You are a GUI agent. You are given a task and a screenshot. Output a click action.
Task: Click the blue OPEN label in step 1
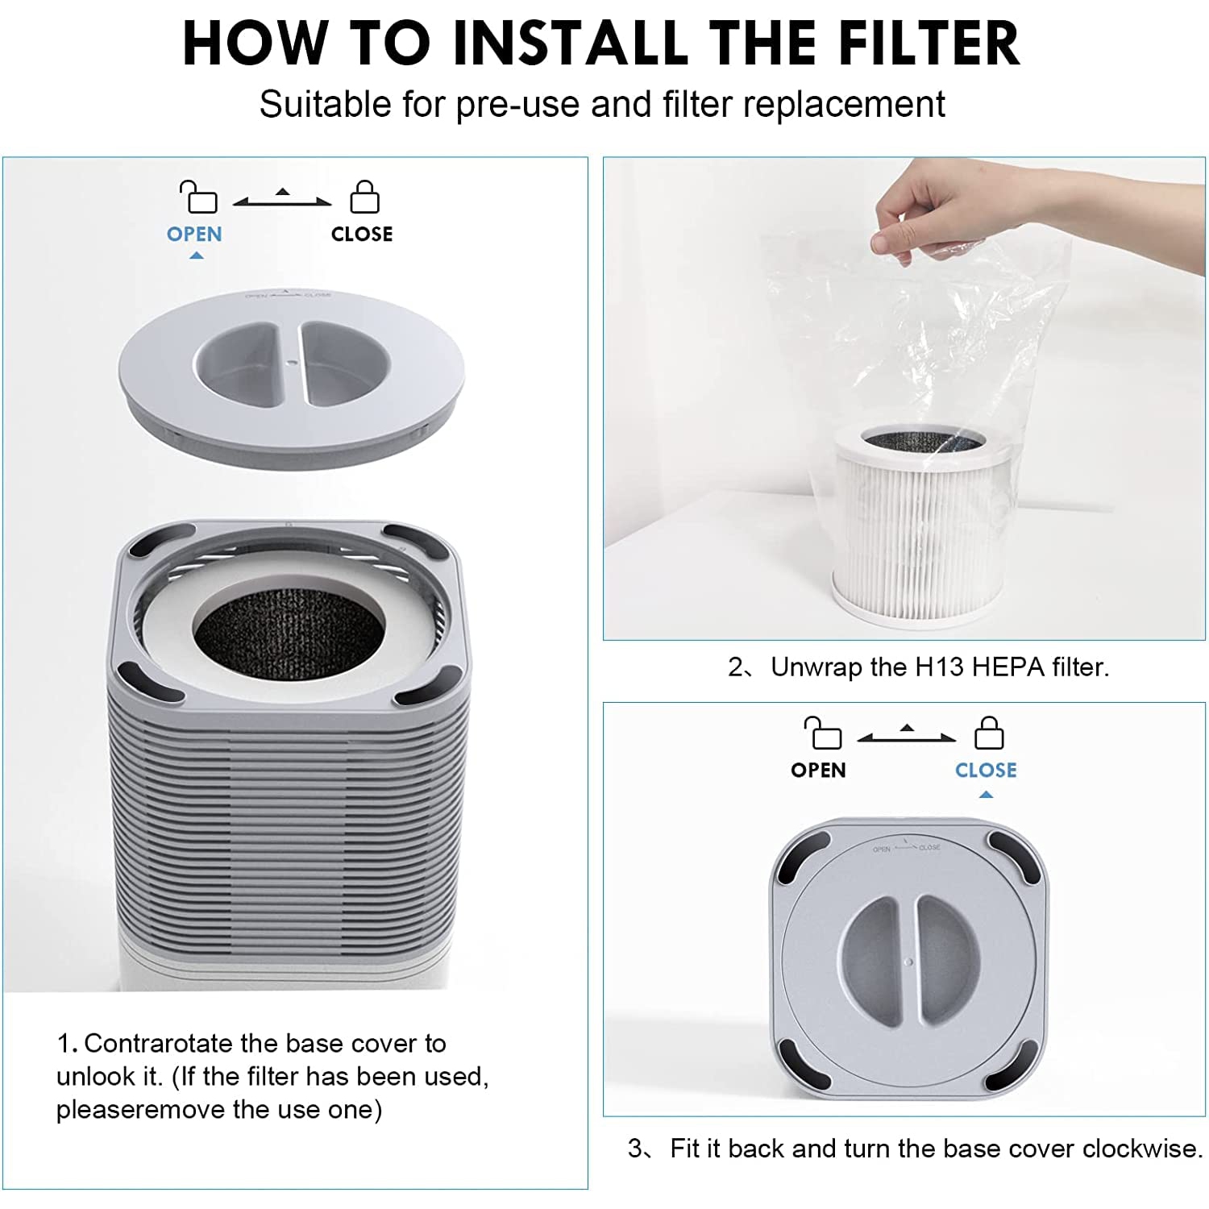click(x=194, y=235)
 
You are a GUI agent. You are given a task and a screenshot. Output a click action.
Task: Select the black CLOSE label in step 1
click(x=362, y=235)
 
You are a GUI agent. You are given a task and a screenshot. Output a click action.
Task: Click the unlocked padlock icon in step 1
click(x=198, y=197)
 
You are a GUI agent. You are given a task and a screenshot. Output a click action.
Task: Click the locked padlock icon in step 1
click(x=364, y=197)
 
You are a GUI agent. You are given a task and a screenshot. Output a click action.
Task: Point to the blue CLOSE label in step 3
click(x=986, y=771)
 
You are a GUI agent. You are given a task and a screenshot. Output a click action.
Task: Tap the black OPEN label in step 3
click(x=818, y=771)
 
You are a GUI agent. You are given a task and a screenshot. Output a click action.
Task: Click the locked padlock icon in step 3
click(x=989, y=733)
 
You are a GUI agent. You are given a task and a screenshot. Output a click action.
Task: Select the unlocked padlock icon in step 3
click(x=822, y=733)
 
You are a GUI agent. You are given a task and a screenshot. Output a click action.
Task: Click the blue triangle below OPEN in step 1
click(x=196, y=256)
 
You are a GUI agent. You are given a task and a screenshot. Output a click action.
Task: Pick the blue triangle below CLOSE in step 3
click(x=986, y=795)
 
